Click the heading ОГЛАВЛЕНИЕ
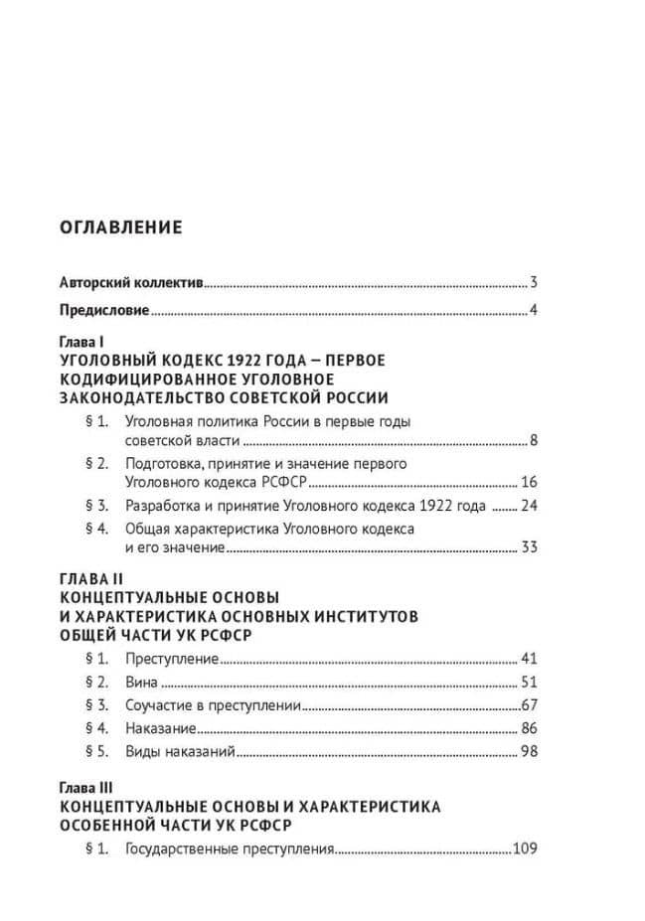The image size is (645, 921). [121, 228]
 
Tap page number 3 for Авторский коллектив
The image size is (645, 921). [534, 281]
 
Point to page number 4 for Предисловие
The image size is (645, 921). [534, 311]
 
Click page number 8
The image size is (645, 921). [534, 441]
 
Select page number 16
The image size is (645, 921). [529, 483]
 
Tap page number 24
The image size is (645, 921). [529, 506]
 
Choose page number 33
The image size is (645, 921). [529, 547]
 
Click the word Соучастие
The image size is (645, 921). [157, 705]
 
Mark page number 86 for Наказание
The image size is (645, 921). [529, 728]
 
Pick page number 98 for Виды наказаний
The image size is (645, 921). [529, 751]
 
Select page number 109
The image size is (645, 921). [525, 849]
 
